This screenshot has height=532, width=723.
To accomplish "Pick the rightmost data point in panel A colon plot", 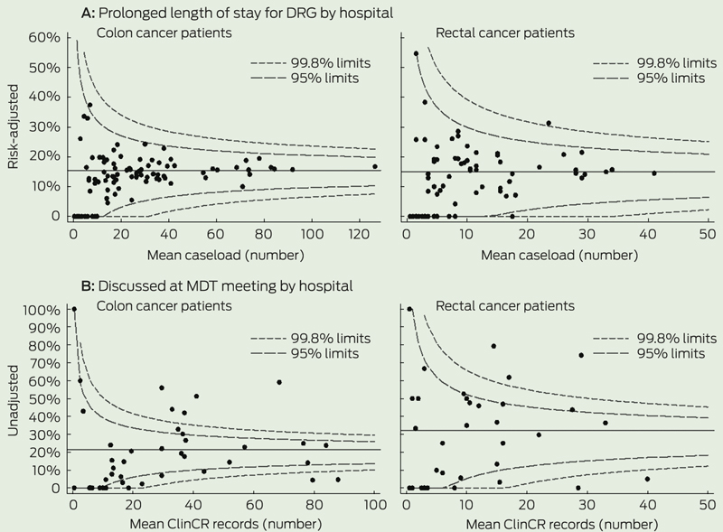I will [375, 167].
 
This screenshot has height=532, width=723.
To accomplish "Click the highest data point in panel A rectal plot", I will [416, 53].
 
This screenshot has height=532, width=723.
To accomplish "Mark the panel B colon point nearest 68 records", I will [279, 382].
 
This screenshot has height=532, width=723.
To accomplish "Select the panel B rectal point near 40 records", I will [648, 479].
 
